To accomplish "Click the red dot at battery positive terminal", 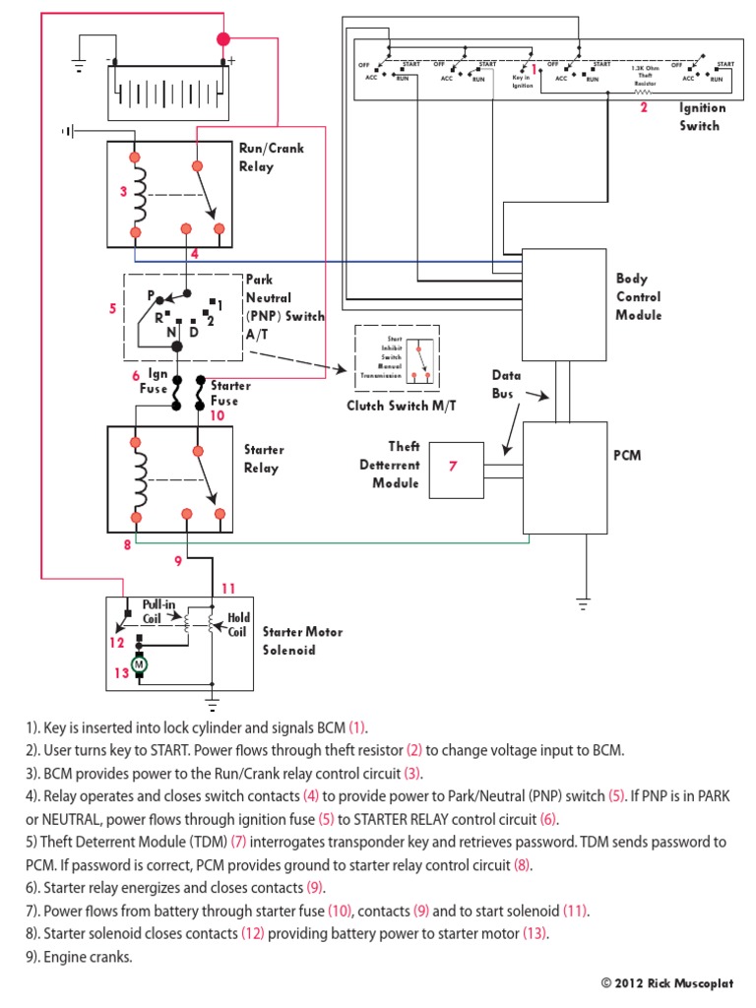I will tap(223, 39).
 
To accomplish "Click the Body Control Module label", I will tap(639, 297).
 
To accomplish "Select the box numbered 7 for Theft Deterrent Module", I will tap(454, 467).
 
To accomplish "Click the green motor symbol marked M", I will tap(139, 664).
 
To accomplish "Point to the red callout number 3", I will tap(123, 192).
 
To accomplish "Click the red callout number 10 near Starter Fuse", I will tap(217, 415).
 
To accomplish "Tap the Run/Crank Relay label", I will tap(271, 157).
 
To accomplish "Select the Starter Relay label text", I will tap(264, 459).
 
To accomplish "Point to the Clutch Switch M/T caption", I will tap(391, 406).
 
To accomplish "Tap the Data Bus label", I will tap(508, 384).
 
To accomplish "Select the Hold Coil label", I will tap(238, 625).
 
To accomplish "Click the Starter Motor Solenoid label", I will tap(302, 641).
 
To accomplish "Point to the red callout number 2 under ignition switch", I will tap(644, 108).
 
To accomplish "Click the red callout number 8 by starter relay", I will tap(126, 544).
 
